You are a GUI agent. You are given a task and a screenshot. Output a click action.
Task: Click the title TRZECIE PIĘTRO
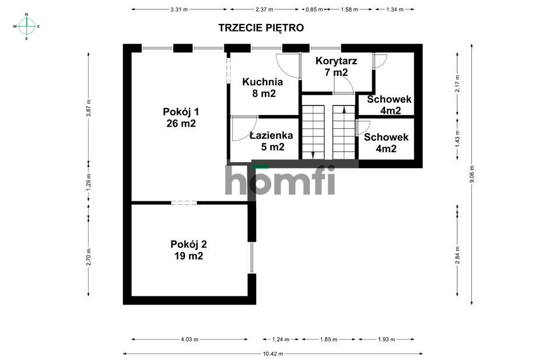click(261, 27)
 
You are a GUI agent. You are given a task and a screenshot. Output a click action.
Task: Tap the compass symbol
click(27, 26)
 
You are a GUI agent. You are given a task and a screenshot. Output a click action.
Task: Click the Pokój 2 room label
click(188, 250)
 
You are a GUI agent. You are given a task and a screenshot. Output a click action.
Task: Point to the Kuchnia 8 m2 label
click(262, 88)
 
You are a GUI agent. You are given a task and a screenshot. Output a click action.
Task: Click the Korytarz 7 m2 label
click(336, 67)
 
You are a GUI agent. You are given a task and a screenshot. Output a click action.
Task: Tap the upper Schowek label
click(389, 104)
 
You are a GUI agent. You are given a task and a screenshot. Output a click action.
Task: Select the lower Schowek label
click(386, 143)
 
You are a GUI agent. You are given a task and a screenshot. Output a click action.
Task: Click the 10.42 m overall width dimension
click(272, 354)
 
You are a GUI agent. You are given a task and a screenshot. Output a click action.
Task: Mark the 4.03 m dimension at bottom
click(190, 339)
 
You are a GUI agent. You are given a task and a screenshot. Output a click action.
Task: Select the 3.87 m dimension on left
click(89, 107)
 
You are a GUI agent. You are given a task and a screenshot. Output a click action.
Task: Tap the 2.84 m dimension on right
click(457, 253)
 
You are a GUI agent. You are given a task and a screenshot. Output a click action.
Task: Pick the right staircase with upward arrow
click(344, 132)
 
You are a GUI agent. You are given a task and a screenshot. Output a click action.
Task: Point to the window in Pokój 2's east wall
click(252, 258)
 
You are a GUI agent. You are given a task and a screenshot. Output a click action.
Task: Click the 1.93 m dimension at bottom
click(386, 339)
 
